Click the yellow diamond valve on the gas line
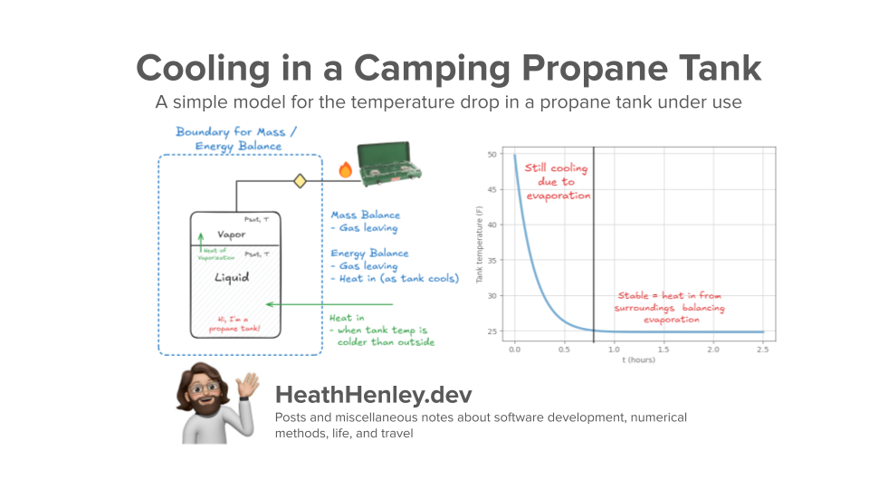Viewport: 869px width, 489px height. tap(300, 182)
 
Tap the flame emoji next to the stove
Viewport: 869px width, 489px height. tap(344, 169)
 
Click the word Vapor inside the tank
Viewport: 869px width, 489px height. tap(232, 235)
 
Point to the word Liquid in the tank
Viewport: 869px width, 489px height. tap(232, 276)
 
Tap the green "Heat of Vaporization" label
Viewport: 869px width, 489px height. tap(216, 254)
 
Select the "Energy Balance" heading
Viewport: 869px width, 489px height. tap(369, 254)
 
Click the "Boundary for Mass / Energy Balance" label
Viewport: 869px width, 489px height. tap(228, 139)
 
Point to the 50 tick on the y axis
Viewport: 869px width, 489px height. tap(493, 155)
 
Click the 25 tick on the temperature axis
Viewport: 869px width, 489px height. tap(493, 332)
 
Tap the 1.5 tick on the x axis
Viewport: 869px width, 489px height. tap(664, 350)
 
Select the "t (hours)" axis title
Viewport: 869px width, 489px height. tap(638, 360)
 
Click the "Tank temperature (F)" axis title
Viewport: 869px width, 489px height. tap(481, 244)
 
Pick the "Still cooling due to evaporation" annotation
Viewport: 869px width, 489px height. tap(556, 182)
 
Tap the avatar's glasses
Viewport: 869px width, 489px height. tap(205, 388)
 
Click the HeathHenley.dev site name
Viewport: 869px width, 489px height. tap(373, 396)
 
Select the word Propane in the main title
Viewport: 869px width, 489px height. tap(579, 69)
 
